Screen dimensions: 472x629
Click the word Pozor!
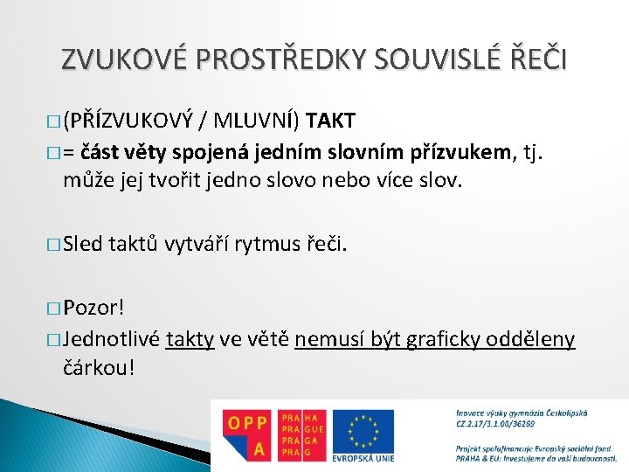coord(94,308)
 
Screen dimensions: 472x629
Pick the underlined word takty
coord(190,339)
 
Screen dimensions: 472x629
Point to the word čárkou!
coord(99,367)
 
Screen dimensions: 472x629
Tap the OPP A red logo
coord(246,434)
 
